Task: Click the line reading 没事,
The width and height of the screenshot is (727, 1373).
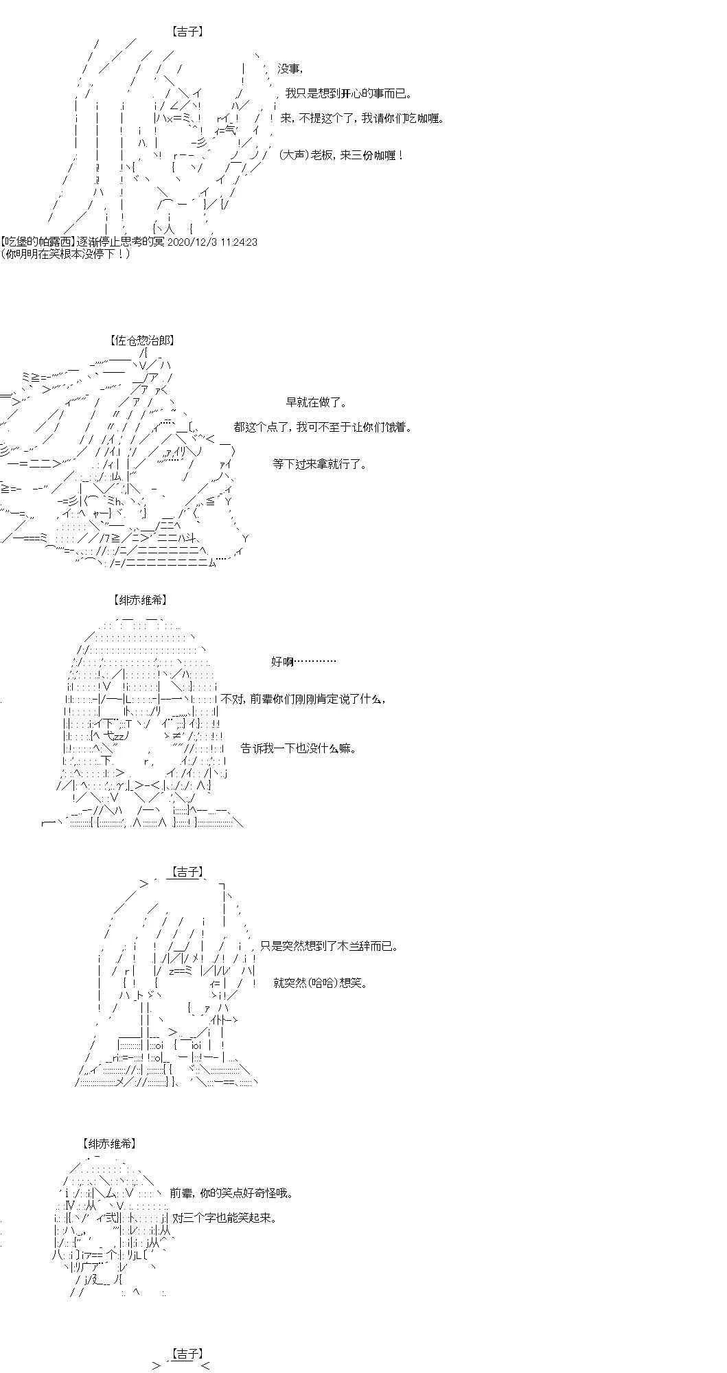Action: pos(290,69)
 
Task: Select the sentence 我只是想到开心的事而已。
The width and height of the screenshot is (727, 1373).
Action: pos(349,94)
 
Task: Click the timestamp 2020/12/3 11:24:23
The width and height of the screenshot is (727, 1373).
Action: pos(209,242)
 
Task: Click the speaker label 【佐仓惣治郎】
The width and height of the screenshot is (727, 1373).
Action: pos(141,341)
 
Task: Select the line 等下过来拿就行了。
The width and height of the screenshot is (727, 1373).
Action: pos(319,465)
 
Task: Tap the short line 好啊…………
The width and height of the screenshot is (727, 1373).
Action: pos(303,662)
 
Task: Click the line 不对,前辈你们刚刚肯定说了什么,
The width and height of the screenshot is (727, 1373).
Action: pos(303,700)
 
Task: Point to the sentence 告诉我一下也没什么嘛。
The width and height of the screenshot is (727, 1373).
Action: pos(299,749)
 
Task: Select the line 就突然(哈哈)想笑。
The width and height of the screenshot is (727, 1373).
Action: pos(321,983)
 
